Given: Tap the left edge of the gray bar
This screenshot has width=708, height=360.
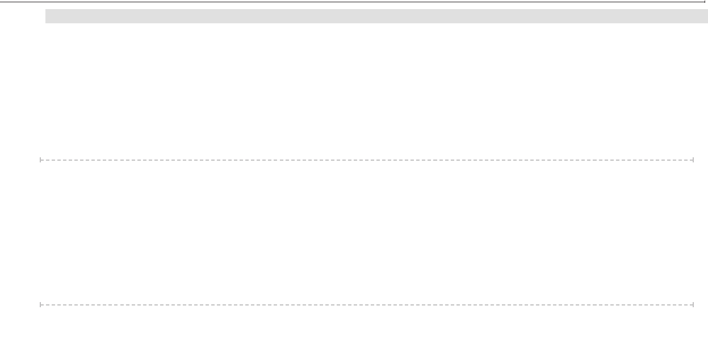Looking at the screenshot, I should point(46,16).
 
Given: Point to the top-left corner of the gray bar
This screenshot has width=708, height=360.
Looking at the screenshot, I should point(46,10).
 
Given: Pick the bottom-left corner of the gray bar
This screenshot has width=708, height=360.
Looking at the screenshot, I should point(46,23).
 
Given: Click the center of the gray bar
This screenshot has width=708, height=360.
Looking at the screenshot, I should point(376,16).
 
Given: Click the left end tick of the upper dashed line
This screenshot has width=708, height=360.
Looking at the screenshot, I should point(41,160).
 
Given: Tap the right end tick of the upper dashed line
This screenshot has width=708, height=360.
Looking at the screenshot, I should point(693,160).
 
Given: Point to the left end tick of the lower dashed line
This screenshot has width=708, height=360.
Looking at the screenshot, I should point(41,305).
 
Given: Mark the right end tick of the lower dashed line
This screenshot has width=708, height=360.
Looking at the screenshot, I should point(693,305).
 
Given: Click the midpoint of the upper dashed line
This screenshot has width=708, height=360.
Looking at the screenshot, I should point(367,160).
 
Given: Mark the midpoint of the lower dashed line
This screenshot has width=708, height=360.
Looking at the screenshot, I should point(367,305).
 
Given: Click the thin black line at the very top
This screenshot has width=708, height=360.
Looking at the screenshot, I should point(352,2).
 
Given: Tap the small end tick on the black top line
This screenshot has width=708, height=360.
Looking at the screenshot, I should point(705,3).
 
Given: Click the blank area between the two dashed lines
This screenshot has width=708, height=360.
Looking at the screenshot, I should point(367,233).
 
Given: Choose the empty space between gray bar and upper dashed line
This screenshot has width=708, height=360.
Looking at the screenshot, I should point(367,91).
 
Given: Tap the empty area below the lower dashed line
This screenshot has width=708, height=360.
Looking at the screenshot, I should point(367,335).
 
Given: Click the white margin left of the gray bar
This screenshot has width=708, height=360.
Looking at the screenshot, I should point(23,16).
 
